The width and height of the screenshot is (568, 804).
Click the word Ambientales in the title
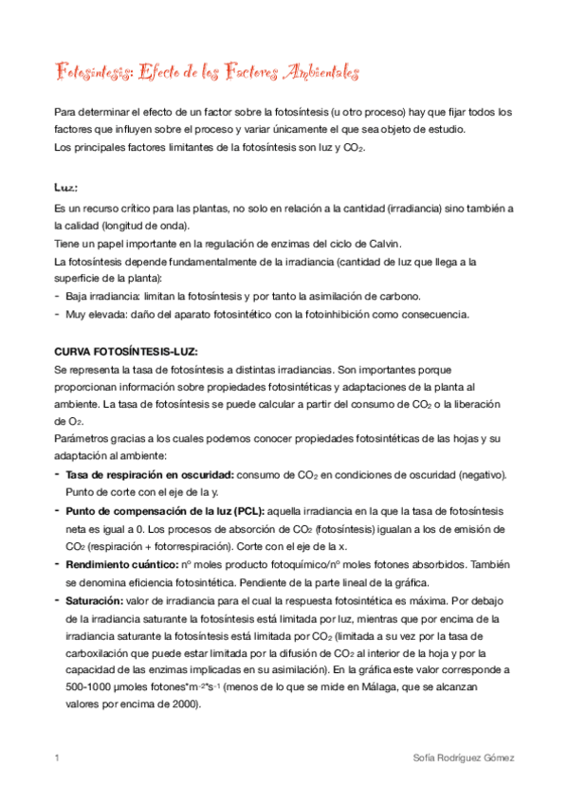(312, 71)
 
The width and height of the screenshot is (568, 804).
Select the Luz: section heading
(66, 187)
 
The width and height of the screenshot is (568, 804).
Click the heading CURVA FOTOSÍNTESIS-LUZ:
(125, 352)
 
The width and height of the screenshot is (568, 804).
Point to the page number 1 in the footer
(58, 758)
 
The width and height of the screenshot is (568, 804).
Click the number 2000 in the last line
(176, 704)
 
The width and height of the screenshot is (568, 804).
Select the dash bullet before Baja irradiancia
(59, 296)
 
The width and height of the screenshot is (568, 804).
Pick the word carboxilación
(97, 654)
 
